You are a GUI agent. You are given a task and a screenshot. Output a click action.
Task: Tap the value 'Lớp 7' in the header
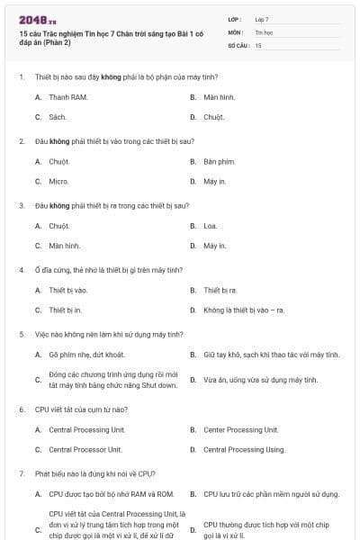(262, 18)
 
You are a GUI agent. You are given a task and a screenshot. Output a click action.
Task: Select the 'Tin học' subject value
(263, 31)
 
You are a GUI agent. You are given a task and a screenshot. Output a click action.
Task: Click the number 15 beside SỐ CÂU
(258, 44)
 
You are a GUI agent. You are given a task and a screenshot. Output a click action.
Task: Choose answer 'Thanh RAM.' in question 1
(67, 96)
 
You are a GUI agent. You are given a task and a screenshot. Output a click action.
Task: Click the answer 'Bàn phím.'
(219, 161)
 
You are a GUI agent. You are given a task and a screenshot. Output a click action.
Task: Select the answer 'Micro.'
(58, 181)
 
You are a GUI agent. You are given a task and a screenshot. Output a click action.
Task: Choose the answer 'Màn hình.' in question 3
(65, 246)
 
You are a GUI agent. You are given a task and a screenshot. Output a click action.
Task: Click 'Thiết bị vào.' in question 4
(68, 290)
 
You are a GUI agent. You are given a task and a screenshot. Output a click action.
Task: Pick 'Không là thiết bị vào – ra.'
(244, 310)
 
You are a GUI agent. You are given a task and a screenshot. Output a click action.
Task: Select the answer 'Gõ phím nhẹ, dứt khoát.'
(86, 355)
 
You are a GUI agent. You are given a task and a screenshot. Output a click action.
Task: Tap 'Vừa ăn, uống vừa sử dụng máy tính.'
(260, 380)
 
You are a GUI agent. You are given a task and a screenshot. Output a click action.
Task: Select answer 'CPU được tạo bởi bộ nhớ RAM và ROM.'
(111, 493)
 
